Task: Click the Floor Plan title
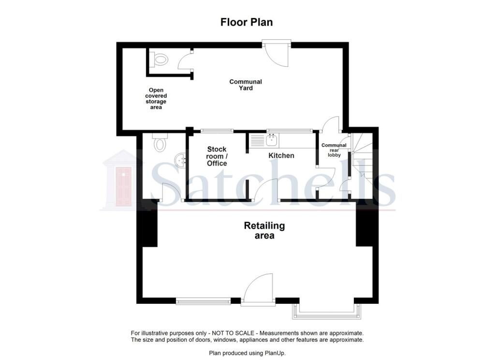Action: [x=247, y=22]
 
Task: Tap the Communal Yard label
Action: [x=246, y=85]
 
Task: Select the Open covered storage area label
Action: [x=156, y=99]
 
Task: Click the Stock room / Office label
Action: [x=217, y=156]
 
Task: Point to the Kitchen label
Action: [x=281, y=155]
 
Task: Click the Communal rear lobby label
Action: [x=334, y=150]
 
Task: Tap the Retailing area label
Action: [x=264, y=230]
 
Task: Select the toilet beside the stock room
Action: [x=160, y=142]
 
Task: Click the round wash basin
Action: [x=180, y=160]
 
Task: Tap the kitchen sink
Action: [x=272, y=140]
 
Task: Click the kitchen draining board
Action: [x=257, y=140]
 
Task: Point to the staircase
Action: [x=362, y=160]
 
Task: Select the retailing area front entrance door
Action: [x=258, y=289]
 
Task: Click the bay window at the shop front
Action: [x=326, y=312]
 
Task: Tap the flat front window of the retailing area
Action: [x=204, y=301]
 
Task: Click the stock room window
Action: [x=217, y=131]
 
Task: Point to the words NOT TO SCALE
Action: [x=233, y=333]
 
